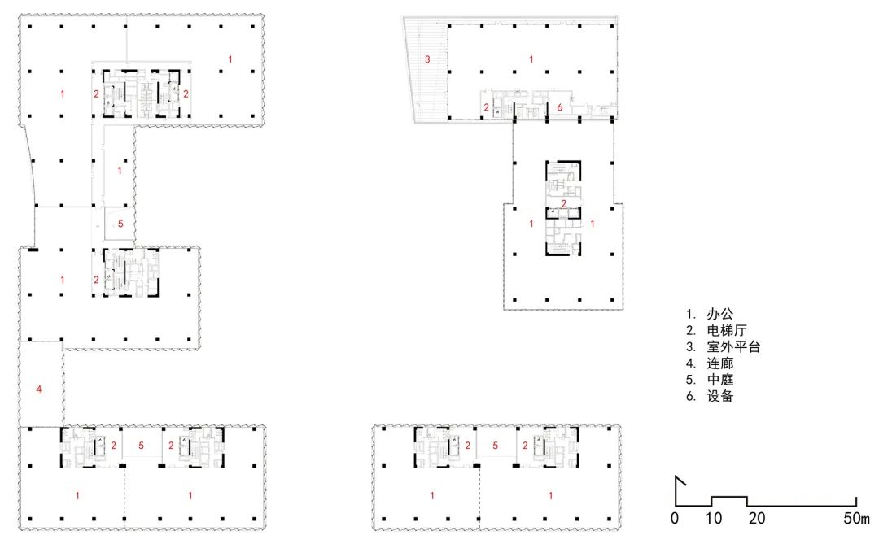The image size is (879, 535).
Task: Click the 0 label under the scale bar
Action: click(x=675, y=518)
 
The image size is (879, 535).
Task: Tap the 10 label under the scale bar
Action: click(x=713, y=518)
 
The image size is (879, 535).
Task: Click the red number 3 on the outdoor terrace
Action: click(x=426, y=59)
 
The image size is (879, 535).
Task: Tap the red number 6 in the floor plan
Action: click(x=559, y=107)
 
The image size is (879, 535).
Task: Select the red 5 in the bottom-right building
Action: click(x=495, y=446)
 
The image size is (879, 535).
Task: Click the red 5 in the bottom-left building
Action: click(x=142, y=446)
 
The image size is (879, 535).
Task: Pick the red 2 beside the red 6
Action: click(x=487, y=107)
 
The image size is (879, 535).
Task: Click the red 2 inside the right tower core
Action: click(x=563, y=203)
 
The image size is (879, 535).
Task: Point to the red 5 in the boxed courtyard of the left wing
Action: click(x=120, y=224)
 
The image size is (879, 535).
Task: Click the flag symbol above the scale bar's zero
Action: click(x=680, y=481)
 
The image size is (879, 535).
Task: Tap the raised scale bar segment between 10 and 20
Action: click(x=730, y=497)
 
